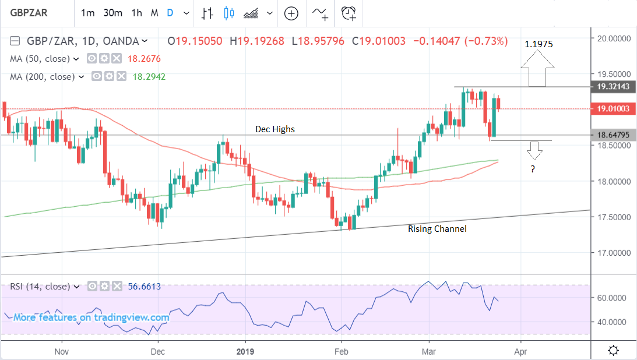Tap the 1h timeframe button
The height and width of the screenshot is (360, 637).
(x=137, y=13)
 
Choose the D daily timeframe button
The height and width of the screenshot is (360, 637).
(x=170, y=13)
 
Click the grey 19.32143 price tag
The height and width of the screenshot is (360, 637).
(x=614, y=87)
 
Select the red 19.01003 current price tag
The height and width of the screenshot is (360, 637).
(x=614, y=108)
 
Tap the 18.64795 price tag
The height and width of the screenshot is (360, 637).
(x=614, y=135)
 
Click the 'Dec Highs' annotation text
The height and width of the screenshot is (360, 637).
(x=274, y=129)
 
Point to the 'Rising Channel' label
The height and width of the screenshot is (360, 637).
(x=437, y=229)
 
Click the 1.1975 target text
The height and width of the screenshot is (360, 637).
(x=538, y=44)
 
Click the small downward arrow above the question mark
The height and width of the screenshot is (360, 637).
(x=535, y=151)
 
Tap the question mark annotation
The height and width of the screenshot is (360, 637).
(x=533, y=169)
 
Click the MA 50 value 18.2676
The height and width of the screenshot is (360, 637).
(x=144, y=59)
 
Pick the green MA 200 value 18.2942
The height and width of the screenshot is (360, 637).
(x=149, y=76)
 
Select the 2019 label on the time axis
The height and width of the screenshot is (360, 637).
(x=245, y=351)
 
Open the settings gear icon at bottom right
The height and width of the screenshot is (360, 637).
(x=613, y=350)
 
